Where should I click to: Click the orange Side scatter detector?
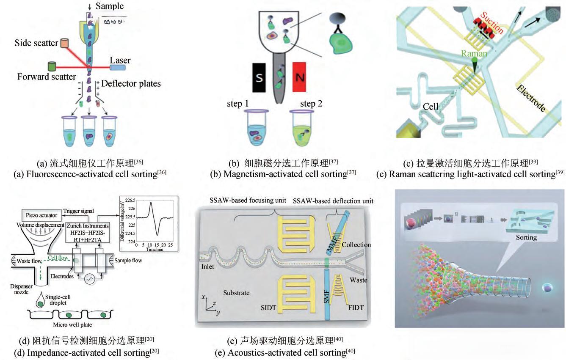click(x=64, y=43)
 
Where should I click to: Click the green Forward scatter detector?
click(x=52, y=66)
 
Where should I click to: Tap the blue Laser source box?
click(x=119, y=67)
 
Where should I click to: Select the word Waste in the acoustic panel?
click(x=359, y=280)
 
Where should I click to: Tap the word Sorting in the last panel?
click(x=526, y=237)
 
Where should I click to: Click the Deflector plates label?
click(x=131, y=83)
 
